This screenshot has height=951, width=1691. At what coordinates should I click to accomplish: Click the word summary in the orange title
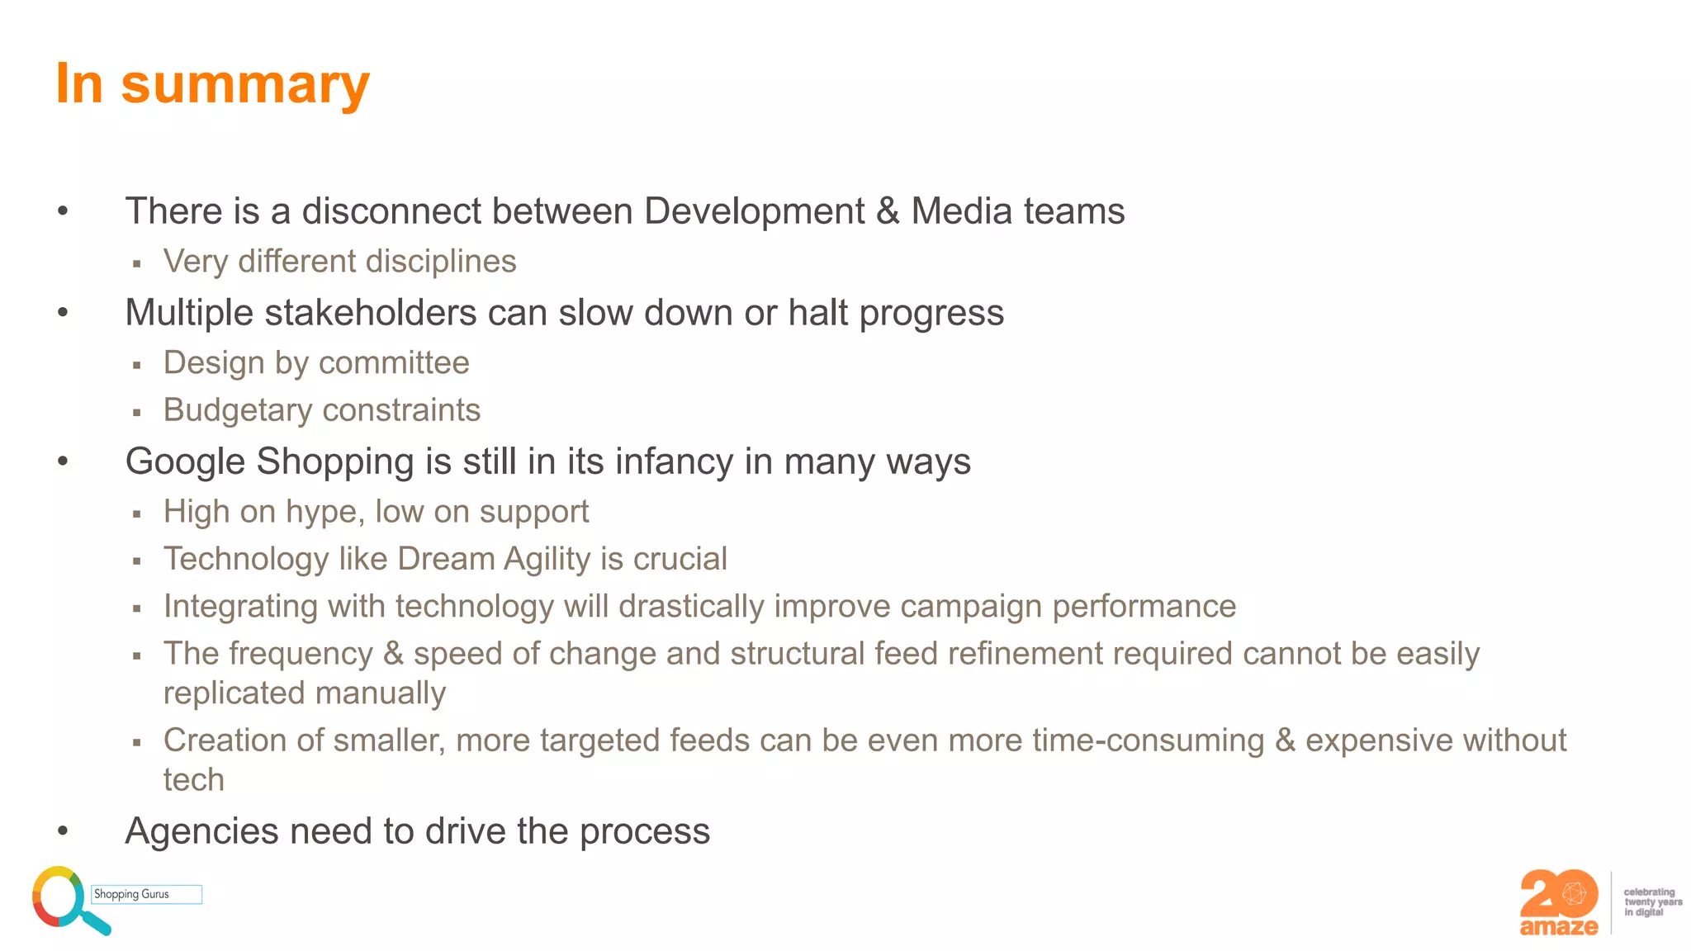[245, 85]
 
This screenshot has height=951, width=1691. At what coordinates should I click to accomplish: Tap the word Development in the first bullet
[754, 211]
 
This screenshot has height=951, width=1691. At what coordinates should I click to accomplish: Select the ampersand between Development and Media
[888, 211]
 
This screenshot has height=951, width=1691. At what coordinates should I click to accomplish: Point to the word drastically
[692, 607]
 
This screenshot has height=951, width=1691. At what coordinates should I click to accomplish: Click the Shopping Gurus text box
[146, 894]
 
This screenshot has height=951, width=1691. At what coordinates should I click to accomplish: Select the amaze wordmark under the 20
[1558, 927]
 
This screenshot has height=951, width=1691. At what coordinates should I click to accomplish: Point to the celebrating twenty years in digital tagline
[1651, 902]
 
